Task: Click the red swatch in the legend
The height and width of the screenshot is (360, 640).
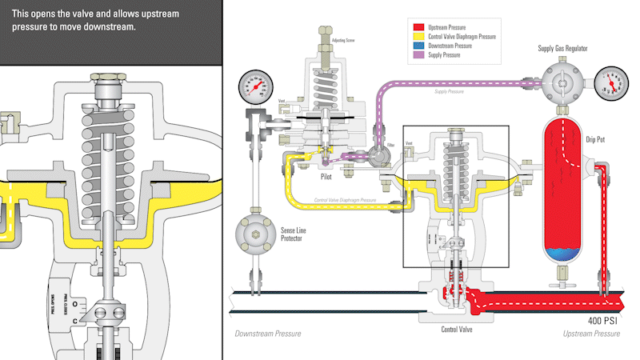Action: pyautogui.click(x=418, y=27)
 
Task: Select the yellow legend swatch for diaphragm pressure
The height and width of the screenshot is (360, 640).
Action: pyautogui.click(x=418, y=37)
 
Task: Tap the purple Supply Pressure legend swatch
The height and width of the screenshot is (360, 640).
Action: pyautogui.click(x=418, y=56)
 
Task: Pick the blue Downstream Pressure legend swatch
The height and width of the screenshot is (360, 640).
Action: pyautogui.click(x=418, y=46)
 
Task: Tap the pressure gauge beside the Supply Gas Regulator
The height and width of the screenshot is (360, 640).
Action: pyautogui.click(x=610, y=82)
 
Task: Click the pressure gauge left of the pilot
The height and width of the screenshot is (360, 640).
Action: pyautogui.click(x=254, y=86)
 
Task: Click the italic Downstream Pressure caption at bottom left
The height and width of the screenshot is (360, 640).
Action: pyautogui.click(x=268, y=334)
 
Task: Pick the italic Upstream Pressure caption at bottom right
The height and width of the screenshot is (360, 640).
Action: pyautogui.click(x=592, y=334)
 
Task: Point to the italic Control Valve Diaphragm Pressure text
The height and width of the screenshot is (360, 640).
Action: pyautogui.click(x=345, y=200)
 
